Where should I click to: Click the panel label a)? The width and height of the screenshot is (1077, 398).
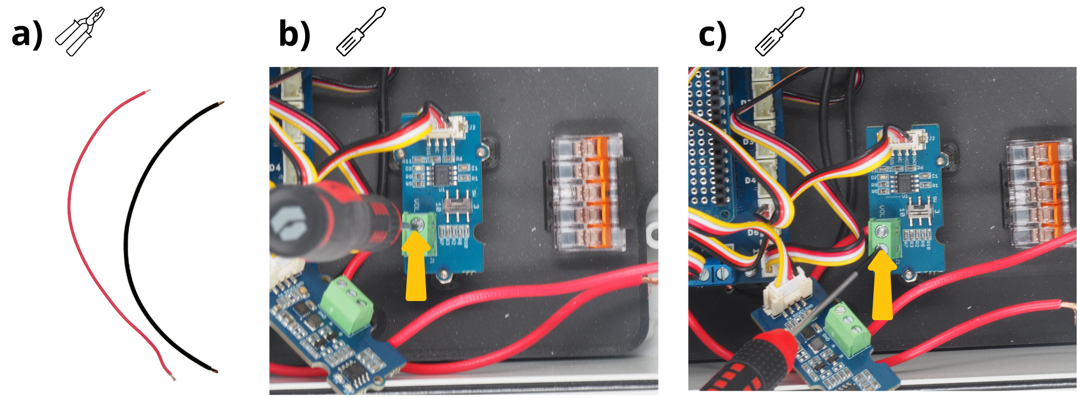tap(27, 35)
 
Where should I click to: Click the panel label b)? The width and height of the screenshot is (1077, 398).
tap(294, 35)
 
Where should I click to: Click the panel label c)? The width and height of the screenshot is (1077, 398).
tap(713, 35)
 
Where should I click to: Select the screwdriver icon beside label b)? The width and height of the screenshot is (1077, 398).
tap(360, 32)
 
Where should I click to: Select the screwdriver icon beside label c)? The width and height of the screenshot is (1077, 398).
tap(779, 32)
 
